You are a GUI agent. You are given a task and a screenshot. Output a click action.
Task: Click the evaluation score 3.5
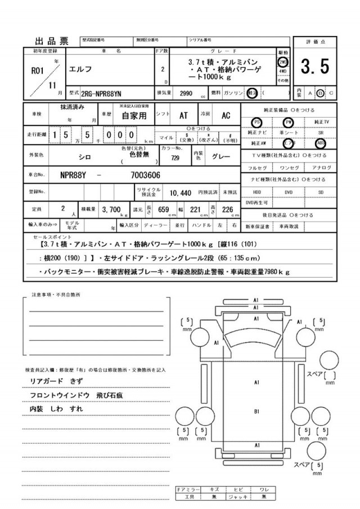click(x=314, y=67)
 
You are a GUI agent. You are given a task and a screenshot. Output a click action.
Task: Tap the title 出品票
click(x=51, y=41)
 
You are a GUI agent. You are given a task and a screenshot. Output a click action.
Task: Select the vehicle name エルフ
click(x=78, y=70)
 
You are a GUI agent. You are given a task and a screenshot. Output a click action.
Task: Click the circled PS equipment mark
click(x=256, y=121)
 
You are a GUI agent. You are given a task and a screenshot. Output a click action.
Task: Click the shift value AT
click(x=183, y=115)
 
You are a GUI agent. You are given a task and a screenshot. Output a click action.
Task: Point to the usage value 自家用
click(x=134, y=116)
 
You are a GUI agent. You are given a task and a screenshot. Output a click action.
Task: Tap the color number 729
click(x=175, y=158)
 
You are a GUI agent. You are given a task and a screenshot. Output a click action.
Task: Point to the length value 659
click(x=164, y=210)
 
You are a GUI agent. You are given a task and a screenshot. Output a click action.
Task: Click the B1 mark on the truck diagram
click(x=256, y=412)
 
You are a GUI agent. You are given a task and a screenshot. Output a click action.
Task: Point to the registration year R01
click(x=36, y=71)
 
